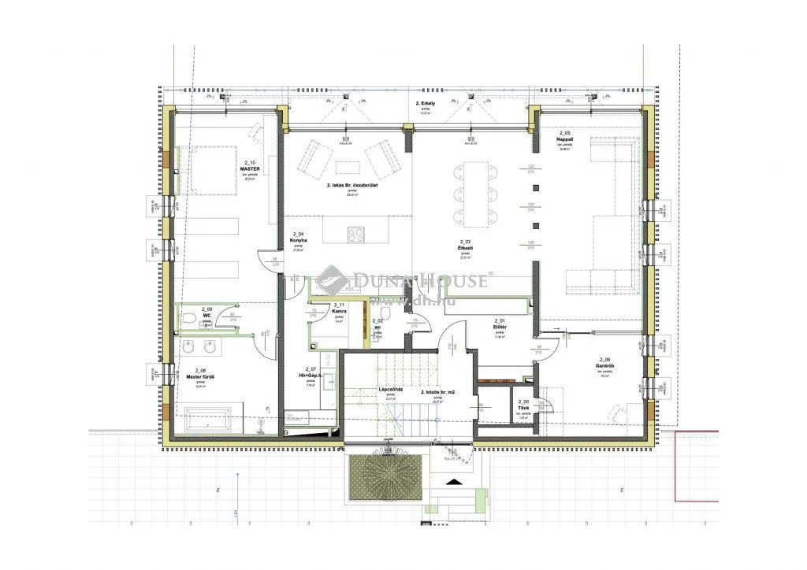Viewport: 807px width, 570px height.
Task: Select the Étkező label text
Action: click(466, 248)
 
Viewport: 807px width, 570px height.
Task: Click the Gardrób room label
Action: click(604, 365)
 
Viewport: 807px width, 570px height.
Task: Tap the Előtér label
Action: click(499, 327)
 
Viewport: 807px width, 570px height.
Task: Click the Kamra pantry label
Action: click(340, 312)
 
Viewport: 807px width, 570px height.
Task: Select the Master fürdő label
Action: click(201, 377)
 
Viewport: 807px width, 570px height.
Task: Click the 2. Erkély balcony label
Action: click(426, 105)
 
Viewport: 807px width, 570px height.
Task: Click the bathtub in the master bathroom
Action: click(206, 419)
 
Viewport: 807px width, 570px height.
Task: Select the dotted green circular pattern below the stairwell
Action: click(387, 474)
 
